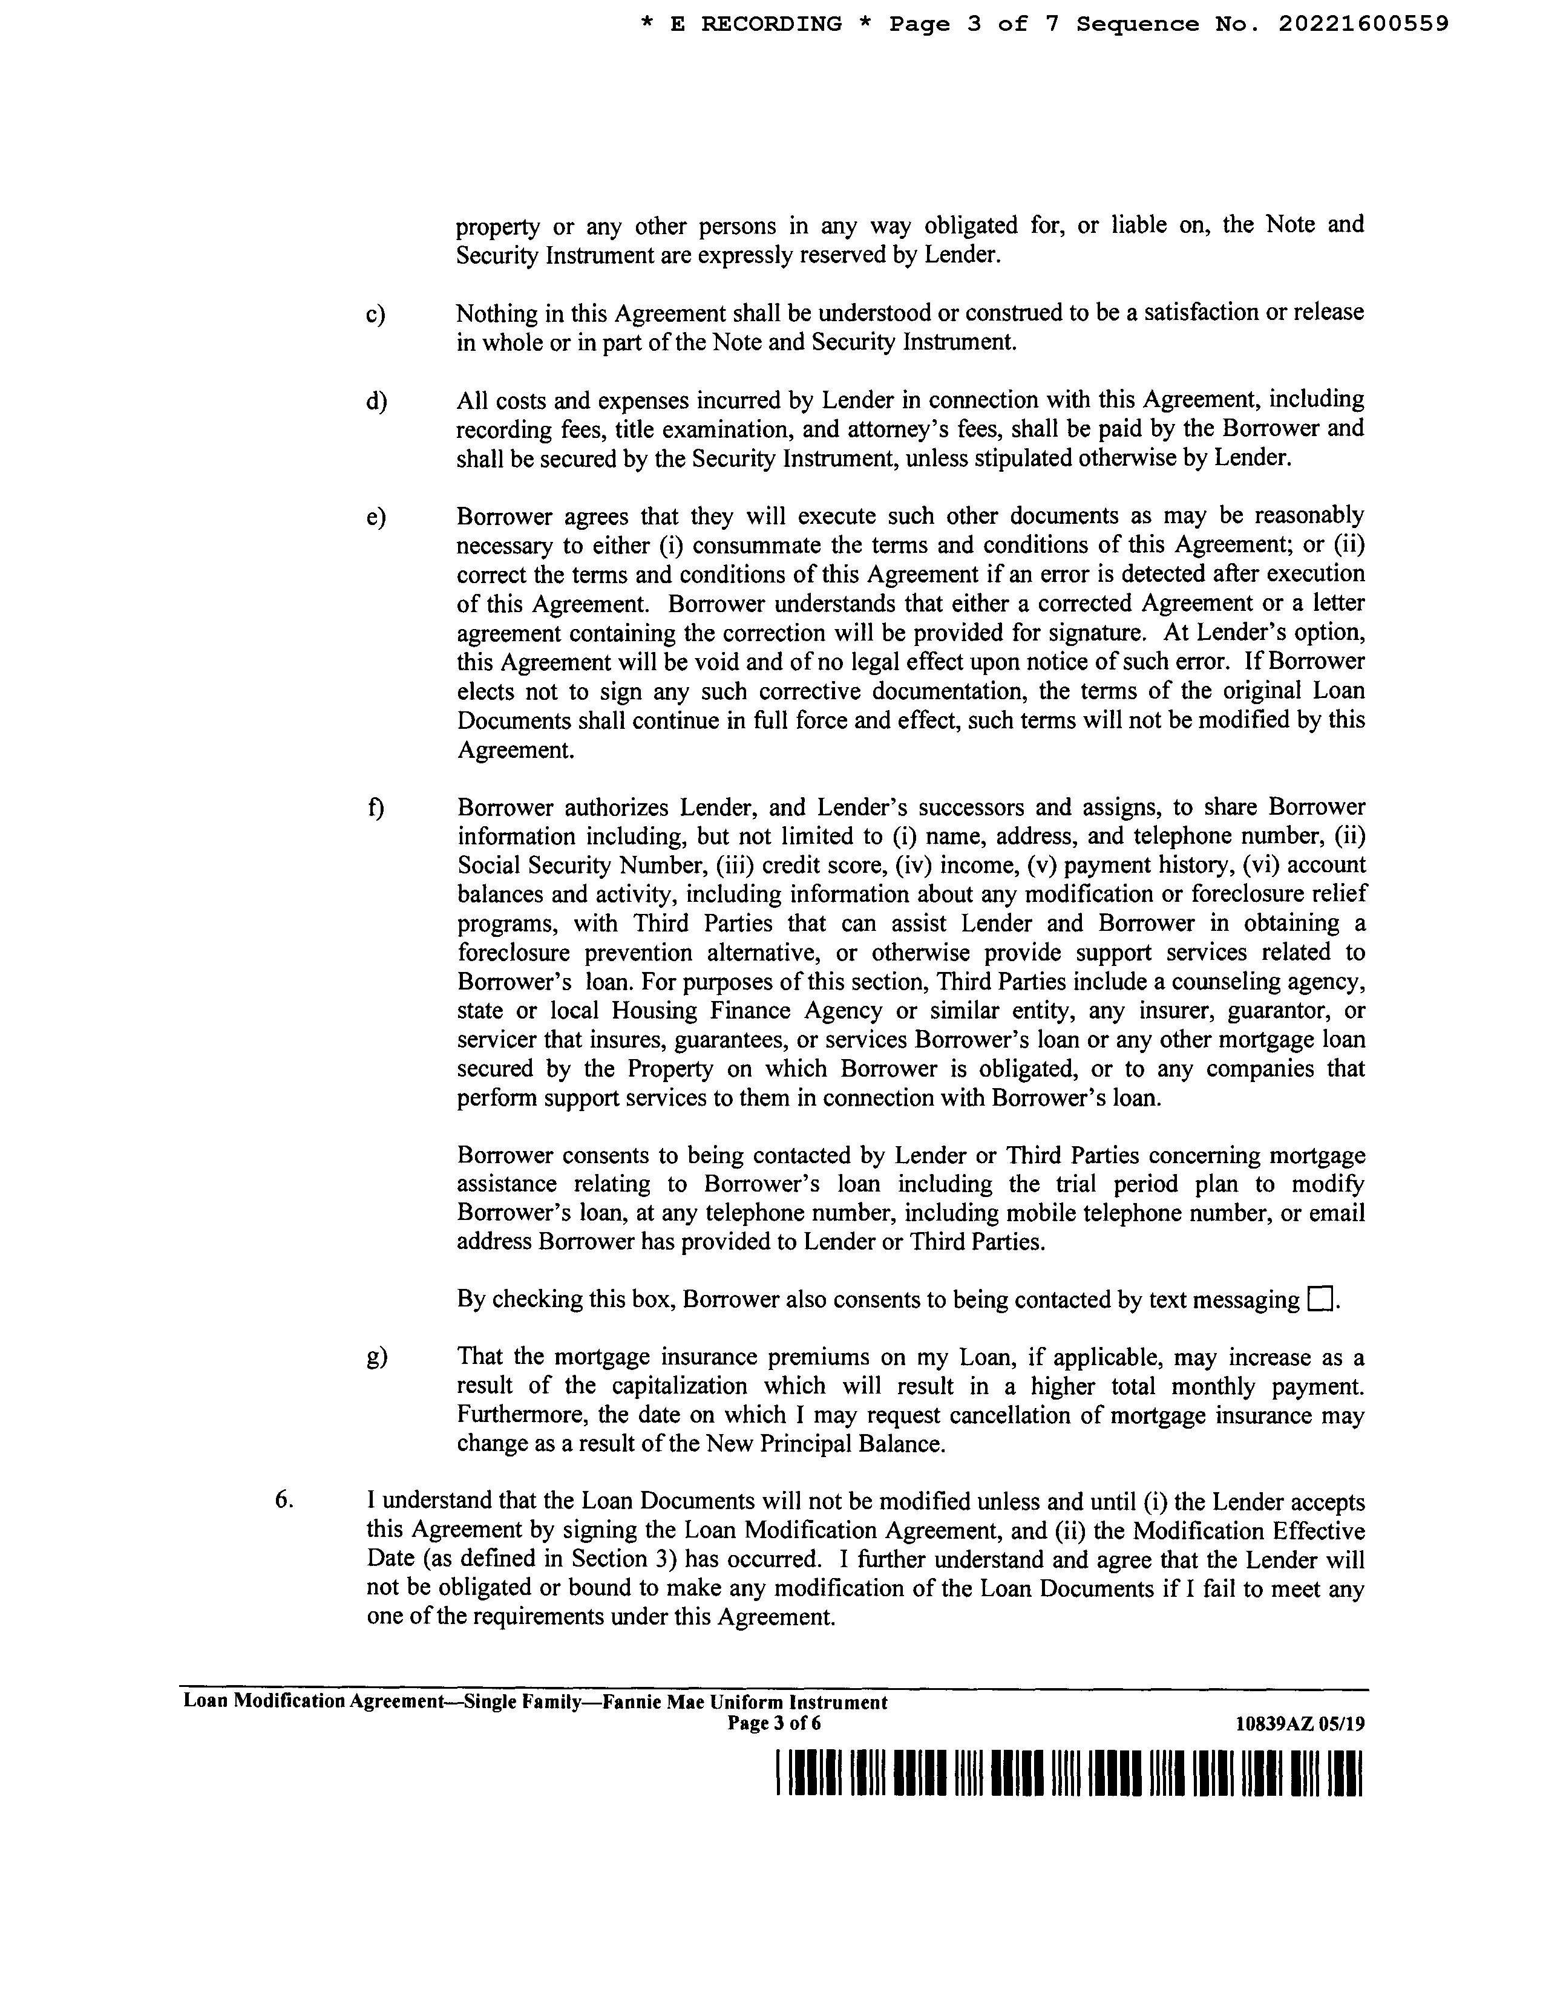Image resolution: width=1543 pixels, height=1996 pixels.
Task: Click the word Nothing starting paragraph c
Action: click(x=497, y=313)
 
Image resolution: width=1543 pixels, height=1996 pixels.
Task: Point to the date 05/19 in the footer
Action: click(x=1343, y=1724)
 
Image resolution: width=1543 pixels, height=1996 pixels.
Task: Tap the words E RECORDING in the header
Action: click(x=755, y=25)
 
